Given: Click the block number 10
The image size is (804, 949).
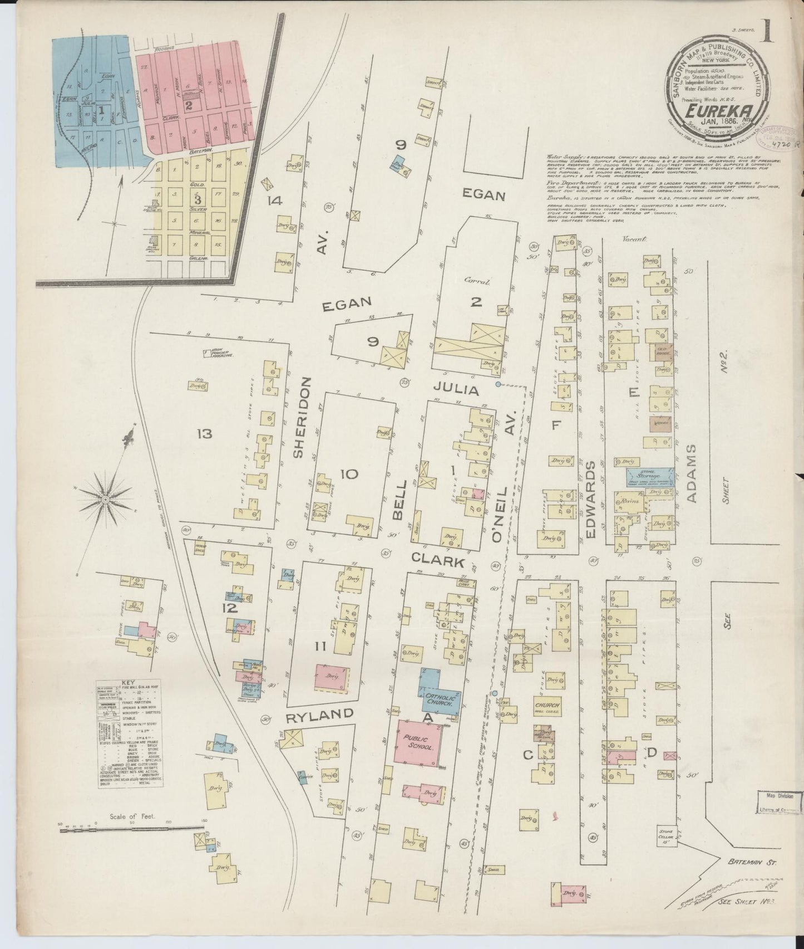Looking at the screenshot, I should coord(349,474).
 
